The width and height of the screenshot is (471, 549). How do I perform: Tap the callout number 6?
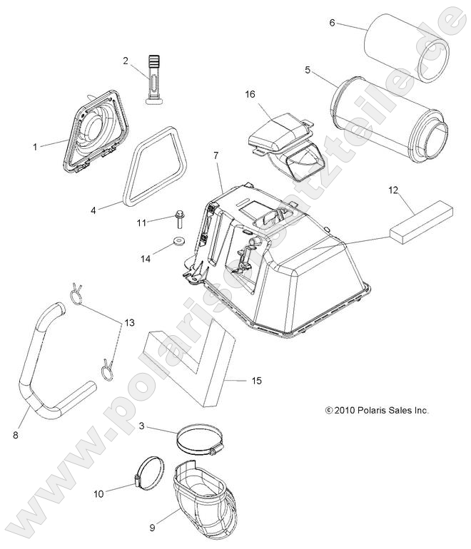332,23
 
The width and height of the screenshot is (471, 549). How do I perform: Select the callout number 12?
412,190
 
